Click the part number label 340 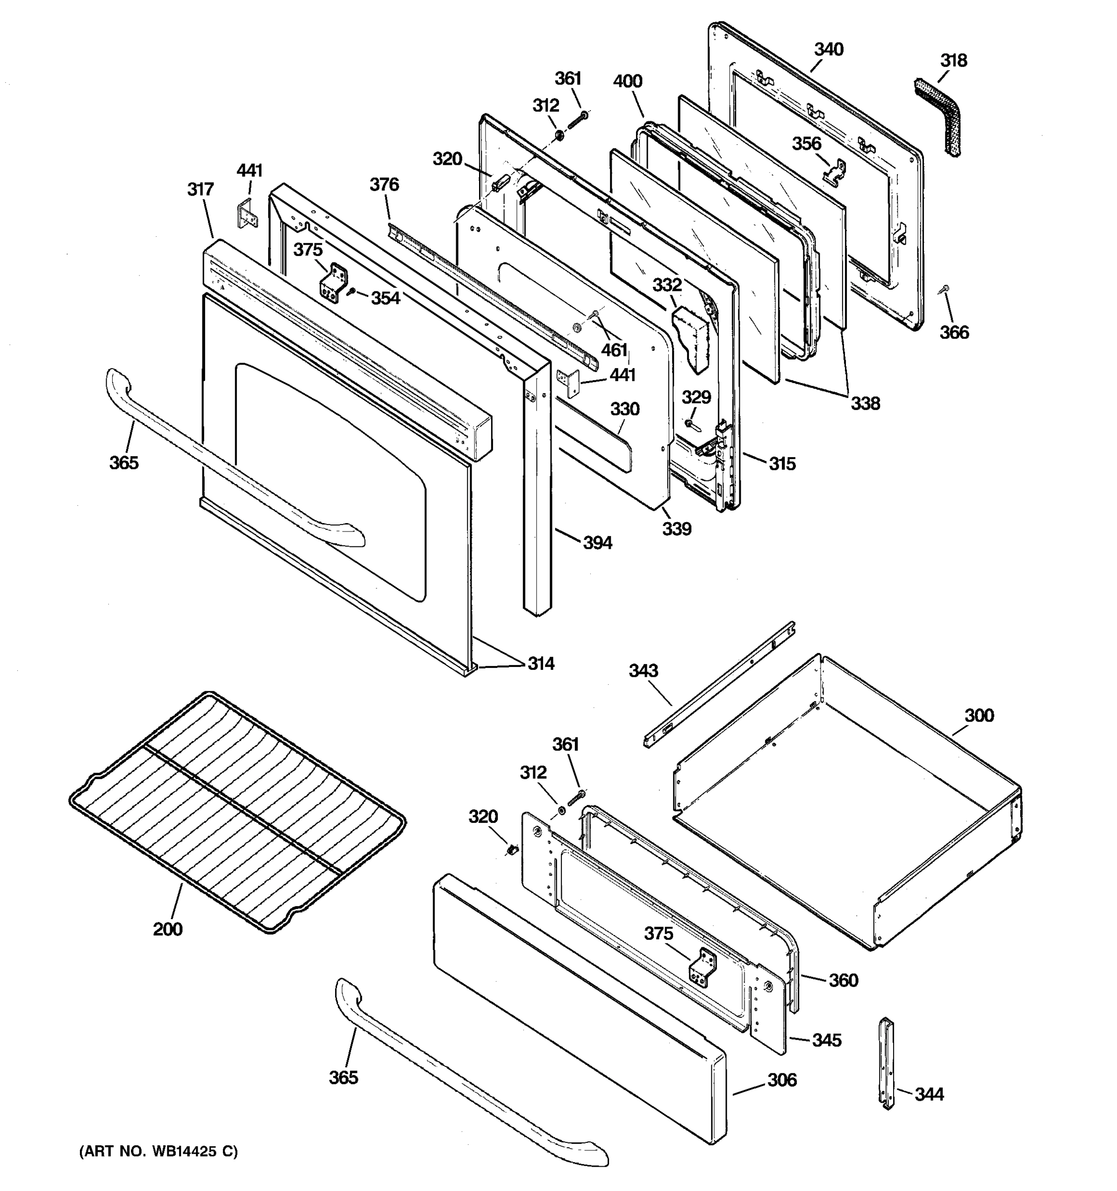coord(828,50)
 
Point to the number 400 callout coord(628,81)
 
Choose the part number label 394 coord(597,543)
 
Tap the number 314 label coord(541,664)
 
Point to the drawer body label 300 coord(978,715)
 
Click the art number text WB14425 coord(180,1151)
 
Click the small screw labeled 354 coord(353,291)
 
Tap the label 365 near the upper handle coord(124,463)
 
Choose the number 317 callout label coord(200,189)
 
